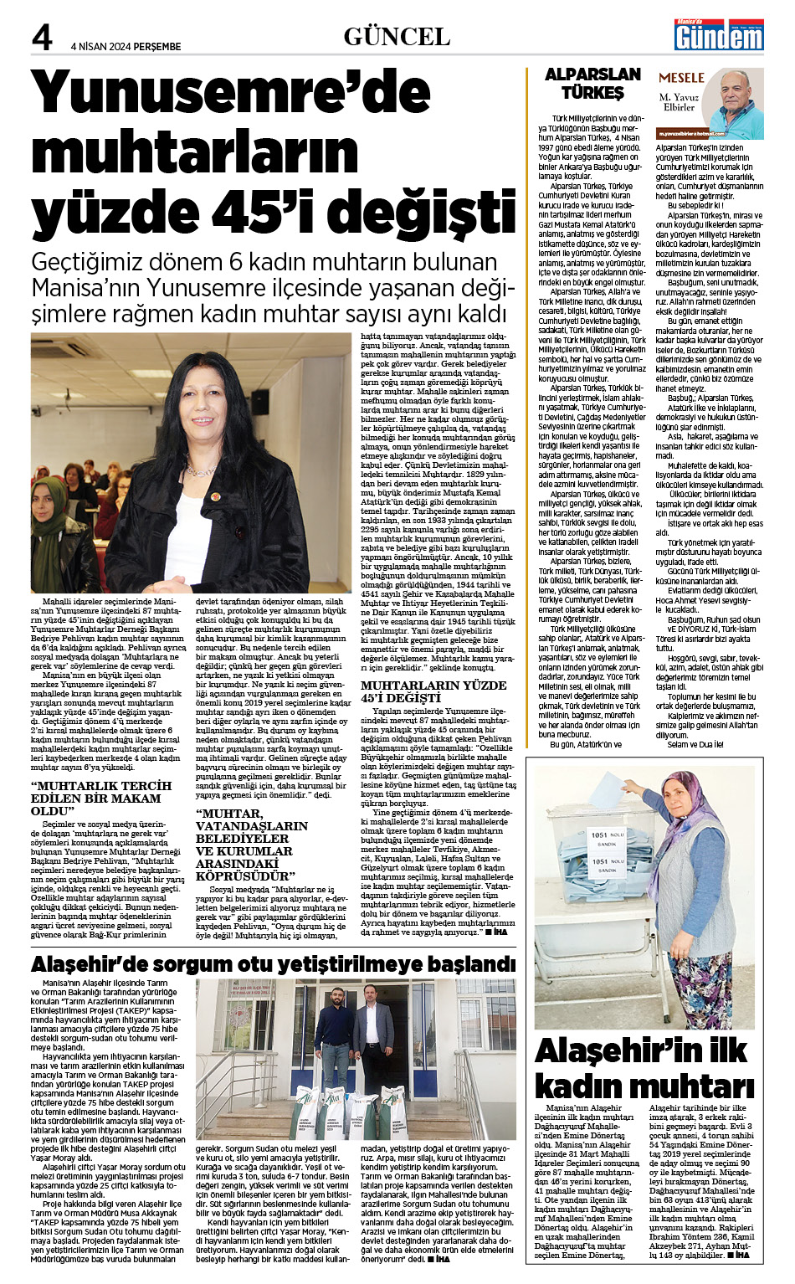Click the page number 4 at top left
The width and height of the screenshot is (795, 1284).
tap(42, 38)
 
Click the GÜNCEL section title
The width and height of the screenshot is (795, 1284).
tap(397, 36)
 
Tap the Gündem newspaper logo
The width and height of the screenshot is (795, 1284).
tap(720, 36)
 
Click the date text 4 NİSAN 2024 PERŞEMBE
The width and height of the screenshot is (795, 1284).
tap(126, 46)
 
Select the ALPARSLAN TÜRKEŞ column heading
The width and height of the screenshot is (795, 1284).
tap(592, 84)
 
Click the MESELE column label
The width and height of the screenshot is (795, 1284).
tap(681, 78)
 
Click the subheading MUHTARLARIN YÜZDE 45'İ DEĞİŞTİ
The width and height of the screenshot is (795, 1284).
tap(433, 691)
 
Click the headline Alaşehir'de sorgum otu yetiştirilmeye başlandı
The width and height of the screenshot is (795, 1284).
tap(273, 964)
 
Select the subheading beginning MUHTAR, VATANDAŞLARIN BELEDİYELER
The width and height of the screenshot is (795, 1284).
tap(251, 845)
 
